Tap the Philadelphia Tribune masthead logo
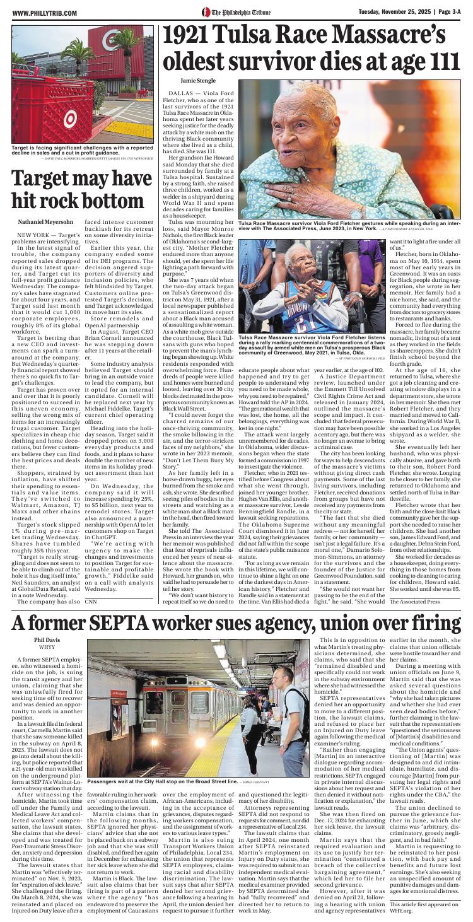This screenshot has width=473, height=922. [x=237, y=13]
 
